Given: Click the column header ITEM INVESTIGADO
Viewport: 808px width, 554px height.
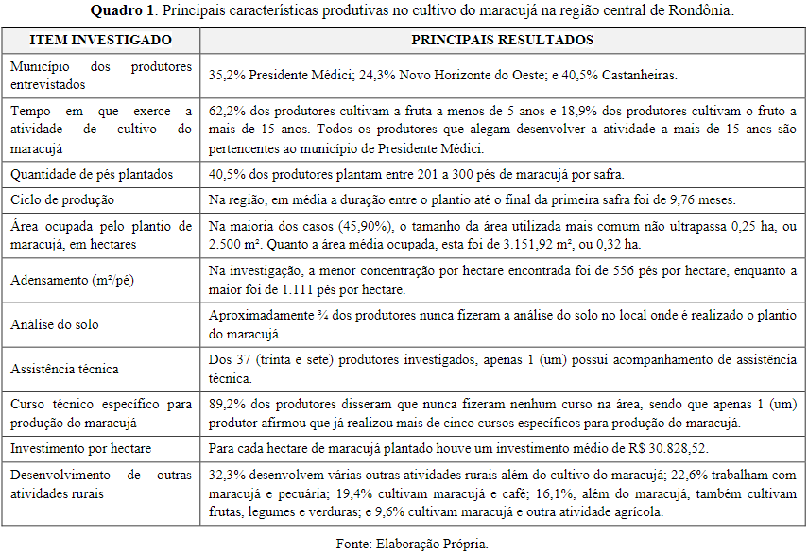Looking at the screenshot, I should (100, 41).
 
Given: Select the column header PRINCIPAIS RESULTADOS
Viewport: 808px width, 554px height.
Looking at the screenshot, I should (502, 41).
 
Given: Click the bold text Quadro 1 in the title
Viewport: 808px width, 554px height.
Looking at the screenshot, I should (125, 11).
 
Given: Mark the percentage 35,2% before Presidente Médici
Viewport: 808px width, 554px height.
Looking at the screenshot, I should (227, 75).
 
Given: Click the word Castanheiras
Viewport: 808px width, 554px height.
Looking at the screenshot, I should (644, 75).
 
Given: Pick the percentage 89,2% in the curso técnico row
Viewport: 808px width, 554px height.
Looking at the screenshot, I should (227, 405).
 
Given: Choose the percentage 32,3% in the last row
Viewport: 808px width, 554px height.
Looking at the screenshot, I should (227, 475).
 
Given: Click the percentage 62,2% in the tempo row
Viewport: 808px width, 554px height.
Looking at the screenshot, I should (227, 112).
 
